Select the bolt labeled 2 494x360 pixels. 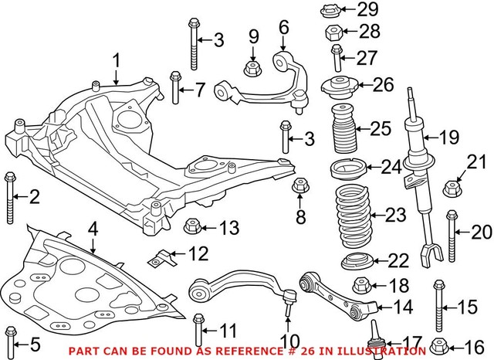(10, 196)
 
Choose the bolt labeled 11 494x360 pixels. (198, 330)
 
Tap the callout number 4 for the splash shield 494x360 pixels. (92, 229)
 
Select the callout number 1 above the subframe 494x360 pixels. (117, 59)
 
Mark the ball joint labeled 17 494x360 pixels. (378, 340)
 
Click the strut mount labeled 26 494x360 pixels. (337, 85)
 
